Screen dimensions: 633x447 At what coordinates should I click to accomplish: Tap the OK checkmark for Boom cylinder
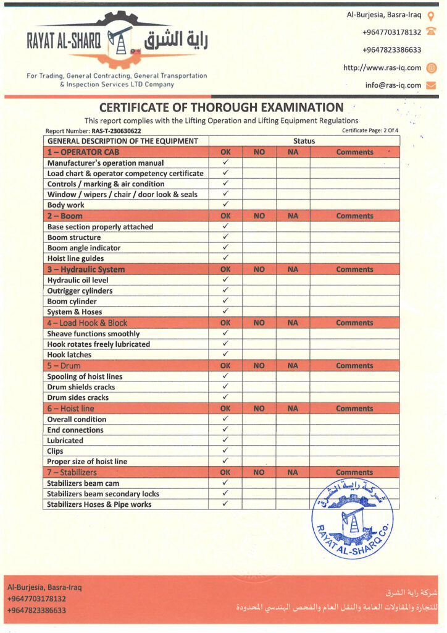225,302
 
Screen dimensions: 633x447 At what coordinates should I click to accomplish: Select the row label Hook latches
69,355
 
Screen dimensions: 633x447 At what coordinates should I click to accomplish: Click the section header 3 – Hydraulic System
86,270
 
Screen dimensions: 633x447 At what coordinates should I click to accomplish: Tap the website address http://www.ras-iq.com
382,67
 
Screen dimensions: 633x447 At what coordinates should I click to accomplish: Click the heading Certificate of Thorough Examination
221,107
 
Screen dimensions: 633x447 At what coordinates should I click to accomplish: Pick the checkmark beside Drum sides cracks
225,397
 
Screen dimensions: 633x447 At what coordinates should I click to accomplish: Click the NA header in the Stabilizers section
293,472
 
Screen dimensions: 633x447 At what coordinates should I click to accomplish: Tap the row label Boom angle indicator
84,248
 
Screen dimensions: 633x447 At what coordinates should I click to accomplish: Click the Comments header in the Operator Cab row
354,152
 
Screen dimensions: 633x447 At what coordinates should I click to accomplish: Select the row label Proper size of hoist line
87,462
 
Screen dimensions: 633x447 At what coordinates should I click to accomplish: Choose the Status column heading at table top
304,141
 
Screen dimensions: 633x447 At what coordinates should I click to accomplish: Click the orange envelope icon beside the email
431,85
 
